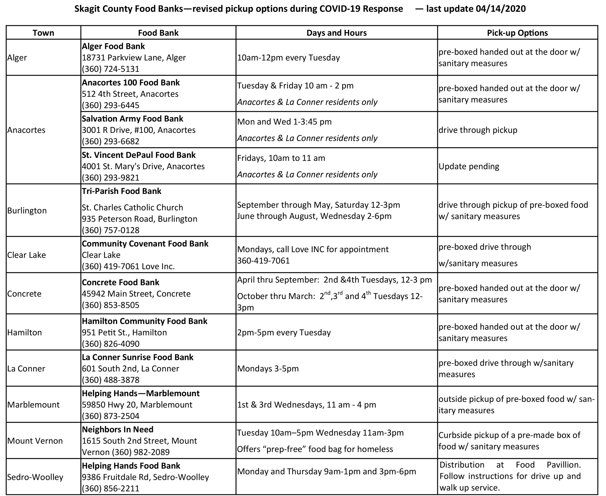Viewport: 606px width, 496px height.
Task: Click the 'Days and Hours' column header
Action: (x=336, y=33)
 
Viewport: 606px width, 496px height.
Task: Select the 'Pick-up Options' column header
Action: (x=517, y=33)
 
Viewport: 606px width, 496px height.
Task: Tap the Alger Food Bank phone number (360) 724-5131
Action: (x=111, y=69)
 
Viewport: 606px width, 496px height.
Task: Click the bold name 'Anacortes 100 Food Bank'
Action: (x=131, y=83)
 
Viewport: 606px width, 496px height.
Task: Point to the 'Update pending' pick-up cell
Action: (x=469, y=166)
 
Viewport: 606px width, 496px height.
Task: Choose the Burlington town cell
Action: (x=27, y=211)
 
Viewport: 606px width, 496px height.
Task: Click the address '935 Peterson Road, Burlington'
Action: (x=140, y=219)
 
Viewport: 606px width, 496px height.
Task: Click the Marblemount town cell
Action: (x=33, y=404)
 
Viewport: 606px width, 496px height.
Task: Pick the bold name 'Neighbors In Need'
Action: (x=118, y=430)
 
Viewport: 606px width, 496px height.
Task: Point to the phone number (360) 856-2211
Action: (x=111, y=488)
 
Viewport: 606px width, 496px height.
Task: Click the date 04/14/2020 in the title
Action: (x=500, y=9)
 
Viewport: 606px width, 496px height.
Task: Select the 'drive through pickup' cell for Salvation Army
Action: (x=478, y=130)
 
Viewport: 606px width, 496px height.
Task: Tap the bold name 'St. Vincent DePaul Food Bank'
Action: (x=139, y=155)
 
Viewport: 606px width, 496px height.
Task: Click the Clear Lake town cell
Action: (x=27, y=255)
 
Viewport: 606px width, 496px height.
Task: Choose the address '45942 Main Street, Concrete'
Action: (x=136, y=294)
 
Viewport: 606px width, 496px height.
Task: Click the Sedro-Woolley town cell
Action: (x=35, y=477)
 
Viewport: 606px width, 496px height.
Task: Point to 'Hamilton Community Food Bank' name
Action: (x=144, y=321)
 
